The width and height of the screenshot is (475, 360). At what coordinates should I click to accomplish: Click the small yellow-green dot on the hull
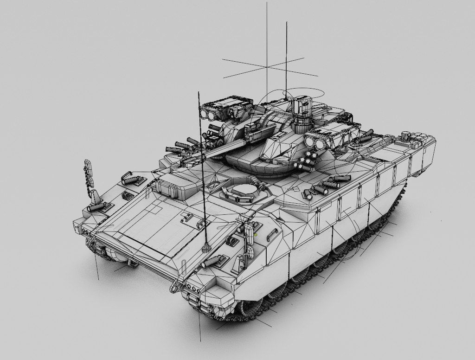tap(256, 234)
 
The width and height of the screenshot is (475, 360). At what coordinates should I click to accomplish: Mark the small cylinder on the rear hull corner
tap(407, 136)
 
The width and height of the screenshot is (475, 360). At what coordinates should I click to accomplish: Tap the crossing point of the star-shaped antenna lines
tap(267, 67)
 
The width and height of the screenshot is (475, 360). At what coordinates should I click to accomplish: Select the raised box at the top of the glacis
tap(170, 186)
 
